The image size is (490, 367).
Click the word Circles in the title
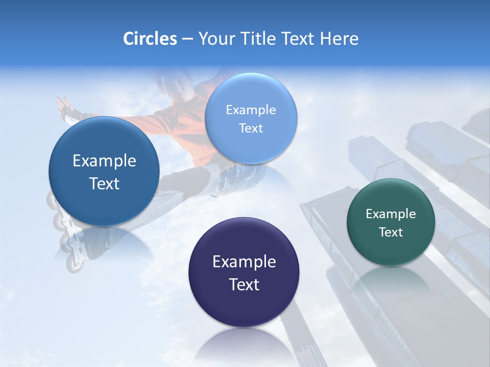[150, 39]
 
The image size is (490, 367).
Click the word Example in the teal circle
[391, 214]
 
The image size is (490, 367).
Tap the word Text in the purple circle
[244, 284]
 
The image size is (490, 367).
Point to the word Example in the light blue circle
[251, 110]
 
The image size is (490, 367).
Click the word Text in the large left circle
[104, 183]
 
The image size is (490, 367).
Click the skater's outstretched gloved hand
[66, 108]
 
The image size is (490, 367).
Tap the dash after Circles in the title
[187, 39]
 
